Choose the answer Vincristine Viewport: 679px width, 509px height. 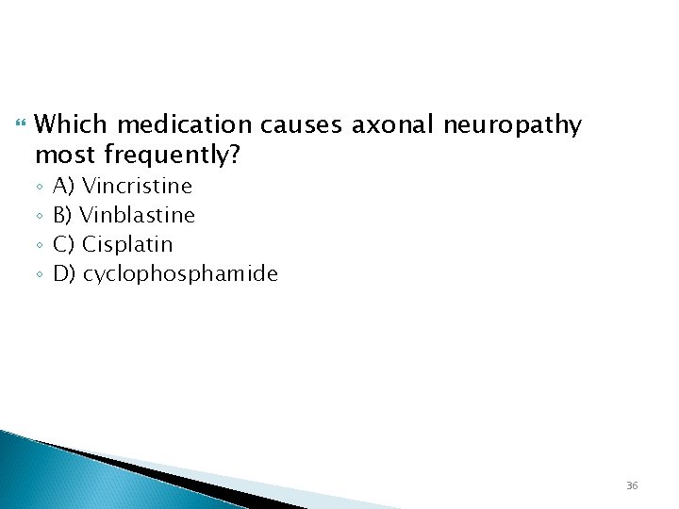click(137, 186)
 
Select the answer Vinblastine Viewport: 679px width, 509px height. click(139, 215)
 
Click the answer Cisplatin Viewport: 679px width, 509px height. click(127, 244)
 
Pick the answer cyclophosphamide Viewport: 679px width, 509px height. click(180, 274)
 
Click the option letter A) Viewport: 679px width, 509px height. click(65, 186)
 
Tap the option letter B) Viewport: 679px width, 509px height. click(65, 215)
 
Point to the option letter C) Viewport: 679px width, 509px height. click(65, 244)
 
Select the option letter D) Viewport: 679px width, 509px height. click(65, 274)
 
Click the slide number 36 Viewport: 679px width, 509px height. click(632, 485)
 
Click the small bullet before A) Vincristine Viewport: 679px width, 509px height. click(39, 187)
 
